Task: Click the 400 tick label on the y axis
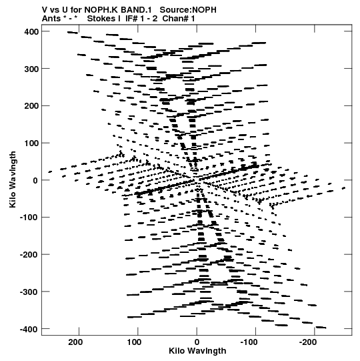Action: [31, 32]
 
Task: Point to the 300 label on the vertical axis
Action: [31, 69]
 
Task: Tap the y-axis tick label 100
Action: [31, 143]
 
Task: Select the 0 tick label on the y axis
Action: [35, 180]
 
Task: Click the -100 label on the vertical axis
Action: [29, 218]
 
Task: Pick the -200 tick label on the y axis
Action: [29, 255]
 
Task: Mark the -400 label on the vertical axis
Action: [29, 329]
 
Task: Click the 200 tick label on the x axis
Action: [75, 342]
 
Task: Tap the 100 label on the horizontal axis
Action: [135, 342]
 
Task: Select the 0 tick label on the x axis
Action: [197, 342]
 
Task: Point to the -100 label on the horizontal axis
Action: [249, 342]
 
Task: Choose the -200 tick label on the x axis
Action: [308, 342]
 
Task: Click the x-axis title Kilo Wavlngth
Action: [197, 351]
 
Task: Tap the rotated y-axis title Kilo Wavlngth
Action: [13, 179]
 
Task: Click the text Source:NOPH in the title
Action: [188, 10]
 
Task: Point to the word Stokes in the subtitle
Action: [101, 19]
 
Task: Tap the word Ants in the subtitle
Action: [51, 19]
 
